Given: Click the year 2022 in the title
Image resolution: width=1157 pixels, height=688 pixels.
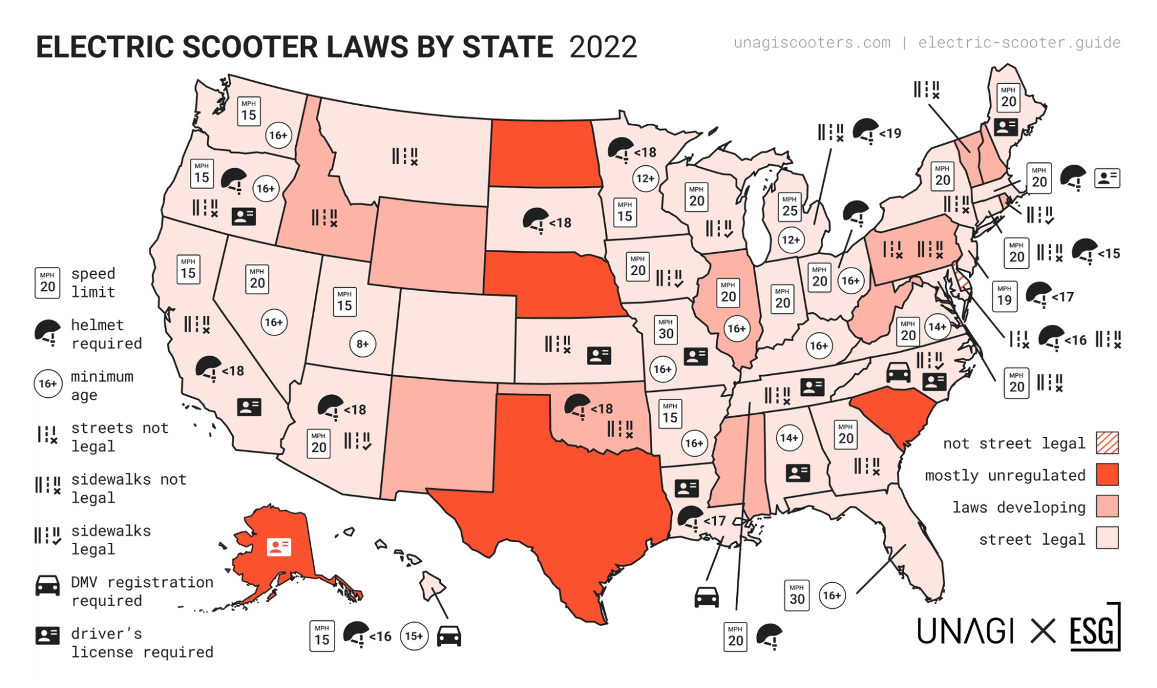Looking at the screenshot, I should tap(602, 47).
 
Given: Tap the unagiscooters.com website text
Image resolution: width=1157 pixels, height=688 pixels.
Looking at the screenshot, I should tap(812, 43).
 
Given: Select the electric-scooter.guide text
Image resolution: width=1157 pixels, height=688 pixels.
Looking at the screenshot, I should tap(1019, 43).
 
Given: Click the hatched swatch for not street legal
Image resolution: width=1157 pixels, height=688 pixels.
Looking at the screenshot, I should tap(1107, 443).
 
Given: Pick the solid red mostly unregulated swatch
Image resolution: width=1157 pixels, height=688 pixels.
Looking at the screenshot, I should tap(1107, 475).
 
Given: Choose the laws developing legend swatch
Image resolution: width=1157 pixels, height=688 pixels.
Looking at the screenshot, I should tap(1107, 507).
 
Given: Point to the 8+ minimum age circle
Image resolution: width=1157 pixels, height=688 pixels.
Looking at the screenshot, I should tap(362, 344).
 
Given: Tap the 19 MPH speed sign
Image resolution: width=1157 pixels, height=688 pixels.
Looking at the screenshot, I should tap(1004, 296).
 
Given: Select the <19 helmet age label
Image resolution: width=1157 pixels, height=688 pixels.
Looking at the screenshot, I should tap(890, 133).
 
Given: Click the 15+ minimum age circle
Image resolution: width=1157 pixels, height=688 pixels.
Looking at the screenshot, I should tap(414, 636).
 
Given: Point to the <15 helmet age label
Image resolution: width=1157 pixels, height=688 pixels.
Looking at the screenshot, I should tap(1109, 254).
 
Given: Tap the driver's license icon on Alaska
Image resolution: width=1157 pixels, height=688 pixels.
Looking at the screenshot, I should tap(279, 546).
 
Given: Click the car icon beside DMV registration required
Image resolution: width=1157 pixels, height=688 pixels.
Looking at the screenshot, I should tap(48, 586).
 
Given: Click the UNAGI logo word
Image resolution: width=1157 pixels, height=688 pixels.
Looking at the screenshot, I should tap(965, 631).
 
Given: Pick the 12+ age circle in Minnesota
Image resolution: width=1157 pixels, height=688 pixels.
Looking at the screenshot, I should tap(645, 178).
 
